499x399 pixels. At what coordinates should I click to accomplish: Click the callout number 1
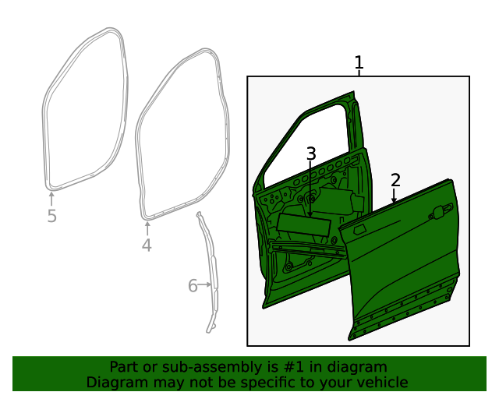click(359, 62)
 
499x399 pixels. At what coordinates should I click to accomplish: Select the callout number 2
click(395, 181)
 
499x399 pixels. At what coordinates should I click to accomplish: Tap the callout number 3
click(311, 154)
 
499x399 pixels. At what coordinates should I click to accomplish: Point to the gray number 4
click(147, 246)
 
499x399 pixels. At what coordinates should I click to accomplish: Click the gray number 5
click(51, 217)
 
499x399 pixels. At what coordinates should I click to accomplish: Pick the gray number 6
click(193, 286)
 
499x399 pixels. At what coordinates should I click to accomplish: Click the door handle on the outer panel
click(441, 210)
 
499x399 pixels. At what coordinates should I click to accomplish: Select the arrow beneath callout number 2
click(395, 197)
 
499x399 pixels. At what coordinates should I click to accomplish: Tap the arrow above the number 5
click(51, 198)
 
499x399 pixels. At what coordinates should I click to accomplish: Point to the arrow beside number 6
click(206, 285)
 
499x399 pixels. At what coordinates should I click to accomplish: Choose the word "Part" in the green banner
click(123, 367)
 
